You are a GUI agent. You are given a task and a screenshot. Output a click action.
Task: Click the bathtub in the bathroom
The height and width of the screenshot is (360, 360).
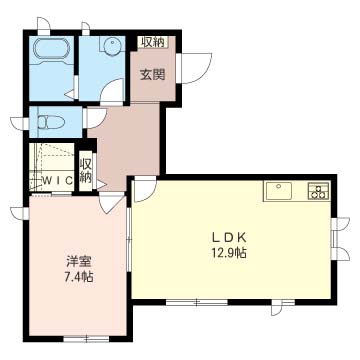pos(51,49)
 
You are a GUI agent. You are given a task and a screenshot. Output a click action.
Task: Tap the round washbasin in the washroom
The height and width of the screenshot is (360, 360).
pos(111,46)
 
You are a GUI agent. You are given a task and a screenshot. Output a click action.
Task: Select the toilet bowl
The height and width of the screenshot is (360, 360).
pos(51,122)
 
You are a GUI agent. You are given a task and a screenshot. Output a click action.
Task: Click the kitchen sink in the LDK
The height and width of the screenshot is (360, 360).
pos(279,190)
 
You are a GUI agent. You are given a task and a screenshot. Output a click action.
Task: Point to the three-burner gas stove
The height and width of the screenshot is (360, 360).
pos(319,191)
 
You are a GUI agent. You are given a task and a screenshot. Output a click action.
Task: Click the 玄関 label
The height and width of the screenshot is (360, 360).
pos(152,74)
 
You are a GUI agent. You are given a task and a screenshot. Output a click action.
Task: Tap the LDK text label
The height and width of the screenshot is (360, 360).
pos(230,238)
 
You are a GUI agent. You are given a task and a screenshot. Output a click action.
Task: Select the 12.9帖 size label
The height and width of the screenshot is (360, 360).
pos(229,253)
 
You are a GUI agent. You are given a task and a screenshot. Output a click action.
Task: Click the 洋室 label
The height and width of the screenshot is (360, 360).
pos(79,262)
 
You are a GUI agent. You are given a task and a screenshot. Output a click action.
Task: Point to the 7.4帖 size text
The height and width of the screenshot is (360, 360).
pos(79,277)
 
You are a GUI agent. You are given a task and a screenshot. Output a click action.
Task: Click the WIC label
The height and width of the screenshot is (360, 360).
pos(58,180)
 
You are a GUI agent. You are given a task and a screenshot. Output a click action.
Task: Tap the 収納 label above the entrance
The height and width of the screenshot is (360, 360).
pos(153,42)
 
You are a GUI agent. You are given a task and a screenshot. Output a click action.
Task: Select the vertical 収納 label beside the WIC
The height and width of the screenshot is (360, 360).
pos(86,171)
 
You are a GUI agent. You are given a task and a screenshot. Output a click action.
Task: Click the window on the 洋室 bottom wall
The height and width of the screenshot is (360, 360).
pos(86,339)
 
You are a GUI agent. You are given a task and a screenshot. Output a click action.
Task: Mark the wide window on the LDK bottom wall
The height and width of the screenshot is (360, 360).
pos(197,302)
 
